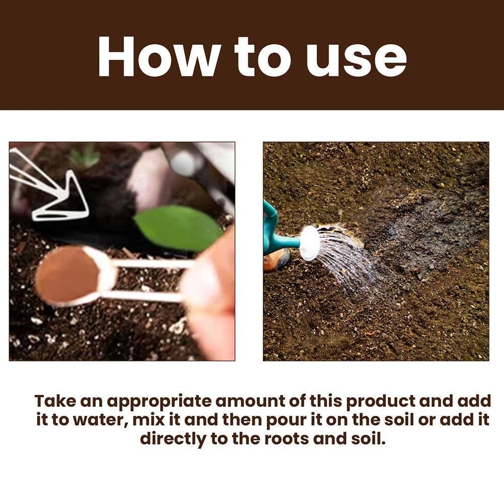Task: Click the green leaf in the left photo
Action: coord(178,228)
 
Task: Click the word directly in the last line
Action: coord(173,439)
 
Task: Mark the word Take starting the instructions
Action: coord(55,401)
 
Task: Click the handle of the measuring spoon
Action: coord(151,279)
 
